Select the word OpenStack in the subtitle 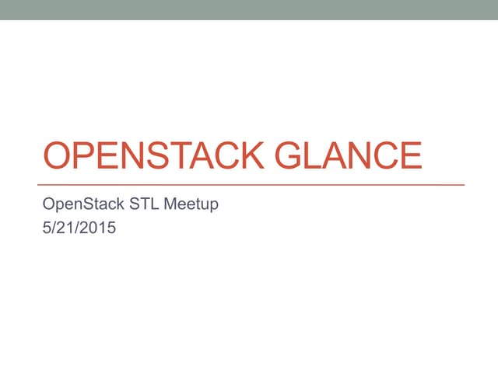[x=79, y=205]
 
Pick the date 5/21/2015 [x=79, y=229]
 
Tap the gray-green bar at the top [x=249, y=9]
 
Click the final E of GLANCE [x=409, y=156]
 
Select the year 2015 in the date [x=99, y=229]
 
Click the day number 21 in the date [x=65, y=229]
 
